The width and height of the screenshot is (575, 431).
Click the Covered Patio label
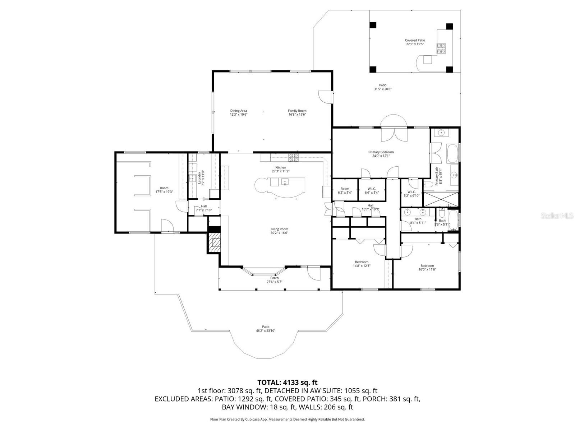[x=415, y=41]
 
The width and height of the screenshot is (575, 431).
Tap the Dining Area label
[x=239, y=111]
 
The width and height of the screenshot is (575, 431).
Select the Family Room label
[x=297, y=111]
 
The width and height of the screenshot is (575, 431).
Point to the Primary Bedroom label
[x=381, y=152]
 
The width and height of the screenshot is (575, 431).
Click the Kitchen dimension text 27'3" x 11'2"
[x=281, y=171]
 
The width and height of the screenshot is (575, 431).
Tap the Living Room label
[x=279, y=229]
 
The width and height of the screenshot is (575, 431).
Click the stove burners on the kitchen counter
[x=293, y=156]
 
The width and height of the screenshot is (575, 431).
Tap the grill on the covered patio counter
[x=441, y=48]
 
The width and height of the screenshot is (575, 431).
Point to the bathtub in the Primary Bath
[x=453, y=153]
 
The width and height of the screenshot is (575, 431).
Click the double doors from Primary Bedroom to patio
[x=394, y=135]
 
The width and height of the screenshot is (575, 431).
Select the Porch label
[x=274, y=278]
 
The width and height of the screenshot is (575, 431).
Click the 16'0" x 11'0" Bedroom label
[x=427, y=266]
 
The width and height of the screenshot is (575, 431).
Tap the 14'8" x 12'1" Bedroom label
[x=362, y=262]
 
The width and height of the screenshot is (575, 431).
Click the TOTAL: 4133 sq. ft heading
[x=287, y=382]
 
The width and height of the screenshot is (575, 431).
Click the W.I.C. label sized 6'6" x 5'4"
[x=372, y=189]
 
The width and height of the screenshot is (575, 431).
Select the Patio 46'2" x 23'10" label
[x=266, y=327]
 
